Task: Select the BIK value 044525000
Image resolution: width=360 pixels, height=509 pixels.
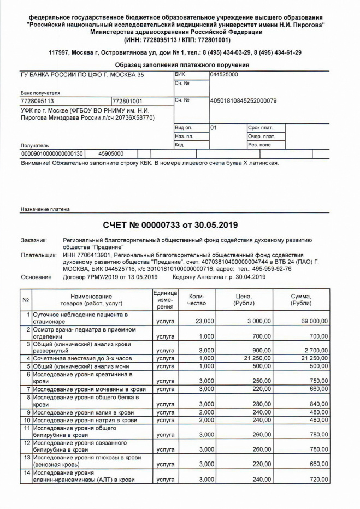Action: point(224,74)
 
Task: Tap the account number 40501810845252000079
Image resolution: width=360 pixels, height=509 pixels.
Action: point(243,100)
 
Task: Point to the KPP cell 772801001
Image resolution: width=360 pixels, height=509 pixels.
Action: point(127,101)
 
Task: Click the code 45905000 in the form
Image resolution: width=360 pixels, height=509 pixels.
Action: point(111,154)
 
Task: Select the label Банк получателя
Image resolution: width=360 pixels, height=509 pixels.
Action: point(40,93)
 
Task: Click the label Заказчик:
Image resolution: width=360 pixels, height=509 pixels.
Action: point(34,240)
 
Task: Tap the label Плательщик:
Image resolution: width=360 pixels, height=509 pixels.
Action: point(38,254)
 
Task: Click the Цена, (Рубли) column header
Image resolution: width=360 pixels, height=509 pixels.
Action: point(247,299)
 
